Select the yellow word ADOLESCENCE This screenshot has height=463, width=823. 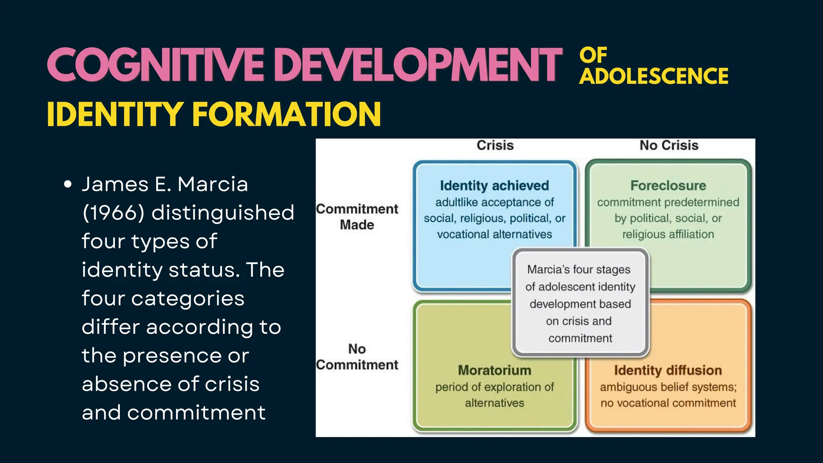coord(653,76)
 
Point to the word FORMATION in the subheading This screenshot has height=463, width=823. coord(287,115)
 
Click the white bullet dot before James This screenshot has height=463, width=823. coord(68,184)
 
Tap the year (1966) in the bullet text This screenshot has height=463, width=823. coord(113,213)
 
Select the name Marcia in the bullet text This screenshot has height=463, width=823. coord(213,184)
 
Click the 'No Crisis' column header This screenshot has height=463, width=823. coord(669,145)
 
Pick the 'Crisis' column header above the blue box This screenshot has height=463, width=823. coord(495,145)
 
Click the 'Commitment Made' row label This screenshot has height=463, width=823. coord(357,217)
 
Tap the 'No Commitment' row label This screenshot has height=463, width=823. coord(357,356)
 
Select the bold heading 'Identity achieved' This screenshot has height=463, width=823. coord(494,185)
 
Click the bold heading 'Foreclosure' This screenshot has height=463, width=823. coord(668,185)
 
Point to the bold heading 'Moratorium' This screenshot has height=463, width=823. coord(494,370)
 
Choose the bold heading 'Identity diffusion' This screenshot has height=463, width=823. coord(668,370)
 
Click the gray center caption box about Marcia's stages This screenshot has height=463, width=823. coord(580,303)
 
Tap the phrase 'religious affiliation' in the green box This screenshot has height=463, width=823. coord(668,234)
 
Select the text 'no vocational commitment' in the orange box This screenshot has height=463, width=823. coord(668,403)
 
